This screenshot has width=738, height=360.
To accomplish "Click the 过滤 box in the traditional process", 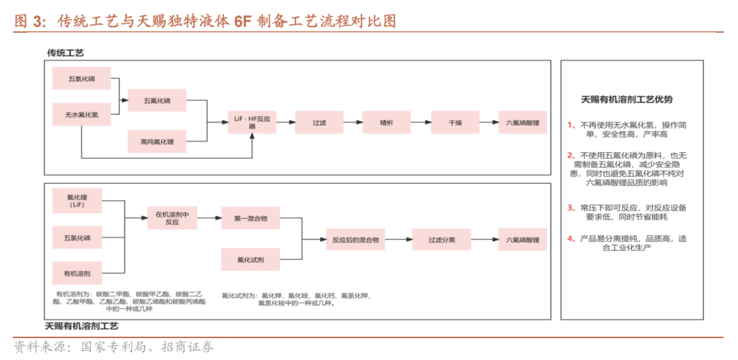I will pos(319,122).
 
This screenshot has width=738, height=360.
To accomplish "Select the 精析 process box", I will pos(386,122).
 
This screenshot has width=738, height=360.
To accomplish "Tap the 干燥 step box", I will pos(455,122).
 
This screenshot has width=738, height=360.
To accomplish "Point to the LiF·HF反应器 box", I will pos(253,122).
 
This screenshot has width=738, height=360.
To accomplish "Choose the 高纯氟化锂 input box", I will pos(157,141).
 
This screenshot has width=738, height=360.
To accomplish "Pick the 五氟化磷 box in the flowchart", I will pos(157,101).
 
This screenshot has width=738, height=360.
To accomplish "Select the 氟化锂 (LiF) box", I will pos(77,200).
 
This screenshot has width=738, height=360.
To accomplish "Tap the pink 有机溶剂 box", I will pos(77,273).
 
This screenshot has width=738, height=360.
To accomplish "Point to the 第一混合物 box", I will pos(251,218).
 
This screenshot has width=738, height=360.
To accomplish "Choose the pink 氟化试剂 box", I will pos(251,260).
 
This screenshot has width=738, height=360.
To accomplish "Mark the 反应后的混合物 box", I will pos(355,240).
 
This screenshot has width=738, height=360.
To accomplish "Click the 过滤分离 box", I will pos(441,240).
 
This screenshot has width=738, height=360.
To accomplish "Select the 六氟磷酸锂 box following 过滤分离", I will pos(523,240).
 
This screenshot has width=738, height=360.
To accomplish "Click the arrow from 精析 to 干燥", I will pos(420,122).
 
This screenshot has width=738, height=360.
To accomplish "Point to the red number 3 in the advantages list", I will pos(571,207).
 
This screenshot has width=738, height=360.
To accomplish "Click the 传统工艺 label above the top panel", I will pos(66,53).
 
